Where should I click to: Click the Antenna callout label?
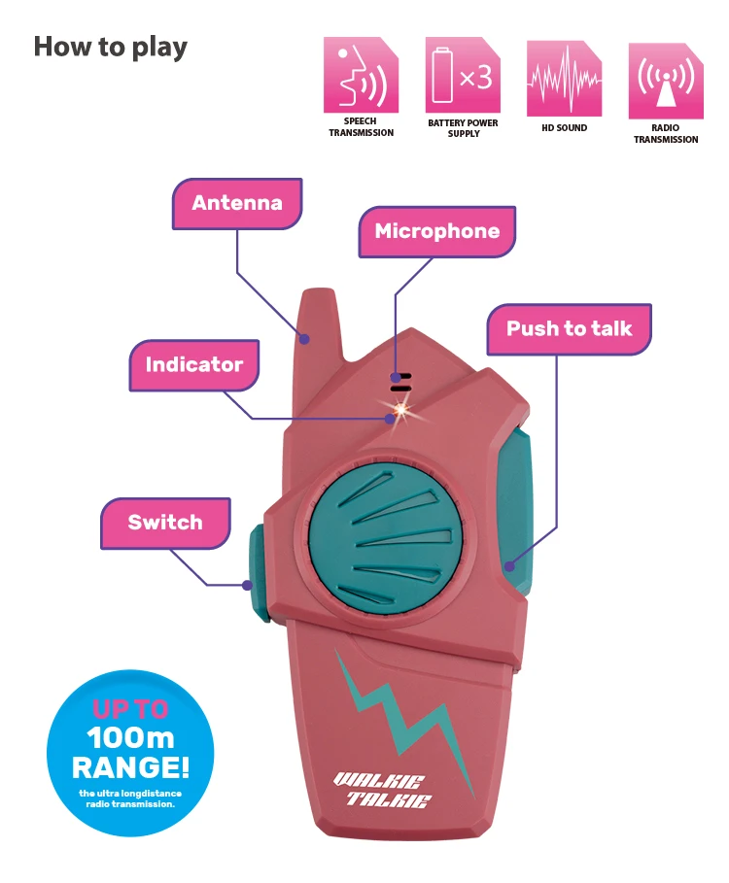coord(237,203)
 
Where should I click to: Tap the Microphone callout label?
coord(436,231)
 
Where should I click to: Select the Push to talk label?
coord(569,328)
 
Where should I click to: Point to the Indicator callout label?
coord(193,364)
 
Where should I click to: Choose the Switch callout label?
coord(165,522)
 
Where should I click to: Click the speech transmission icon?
coord(361,76)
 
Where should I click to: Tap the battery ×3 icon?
coord(464,76)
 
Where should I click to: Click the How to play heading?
coord(111,47)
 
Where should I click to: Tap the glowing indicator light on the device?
coord(396,415)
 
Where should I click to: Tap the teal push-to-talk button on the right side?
coord(518,511)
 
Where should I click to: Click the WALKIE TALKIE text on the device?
coord(382,789)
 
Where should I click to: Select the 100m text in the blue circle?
coord(129,738)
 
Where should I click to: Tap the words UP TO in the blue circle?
coord(129,709)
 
